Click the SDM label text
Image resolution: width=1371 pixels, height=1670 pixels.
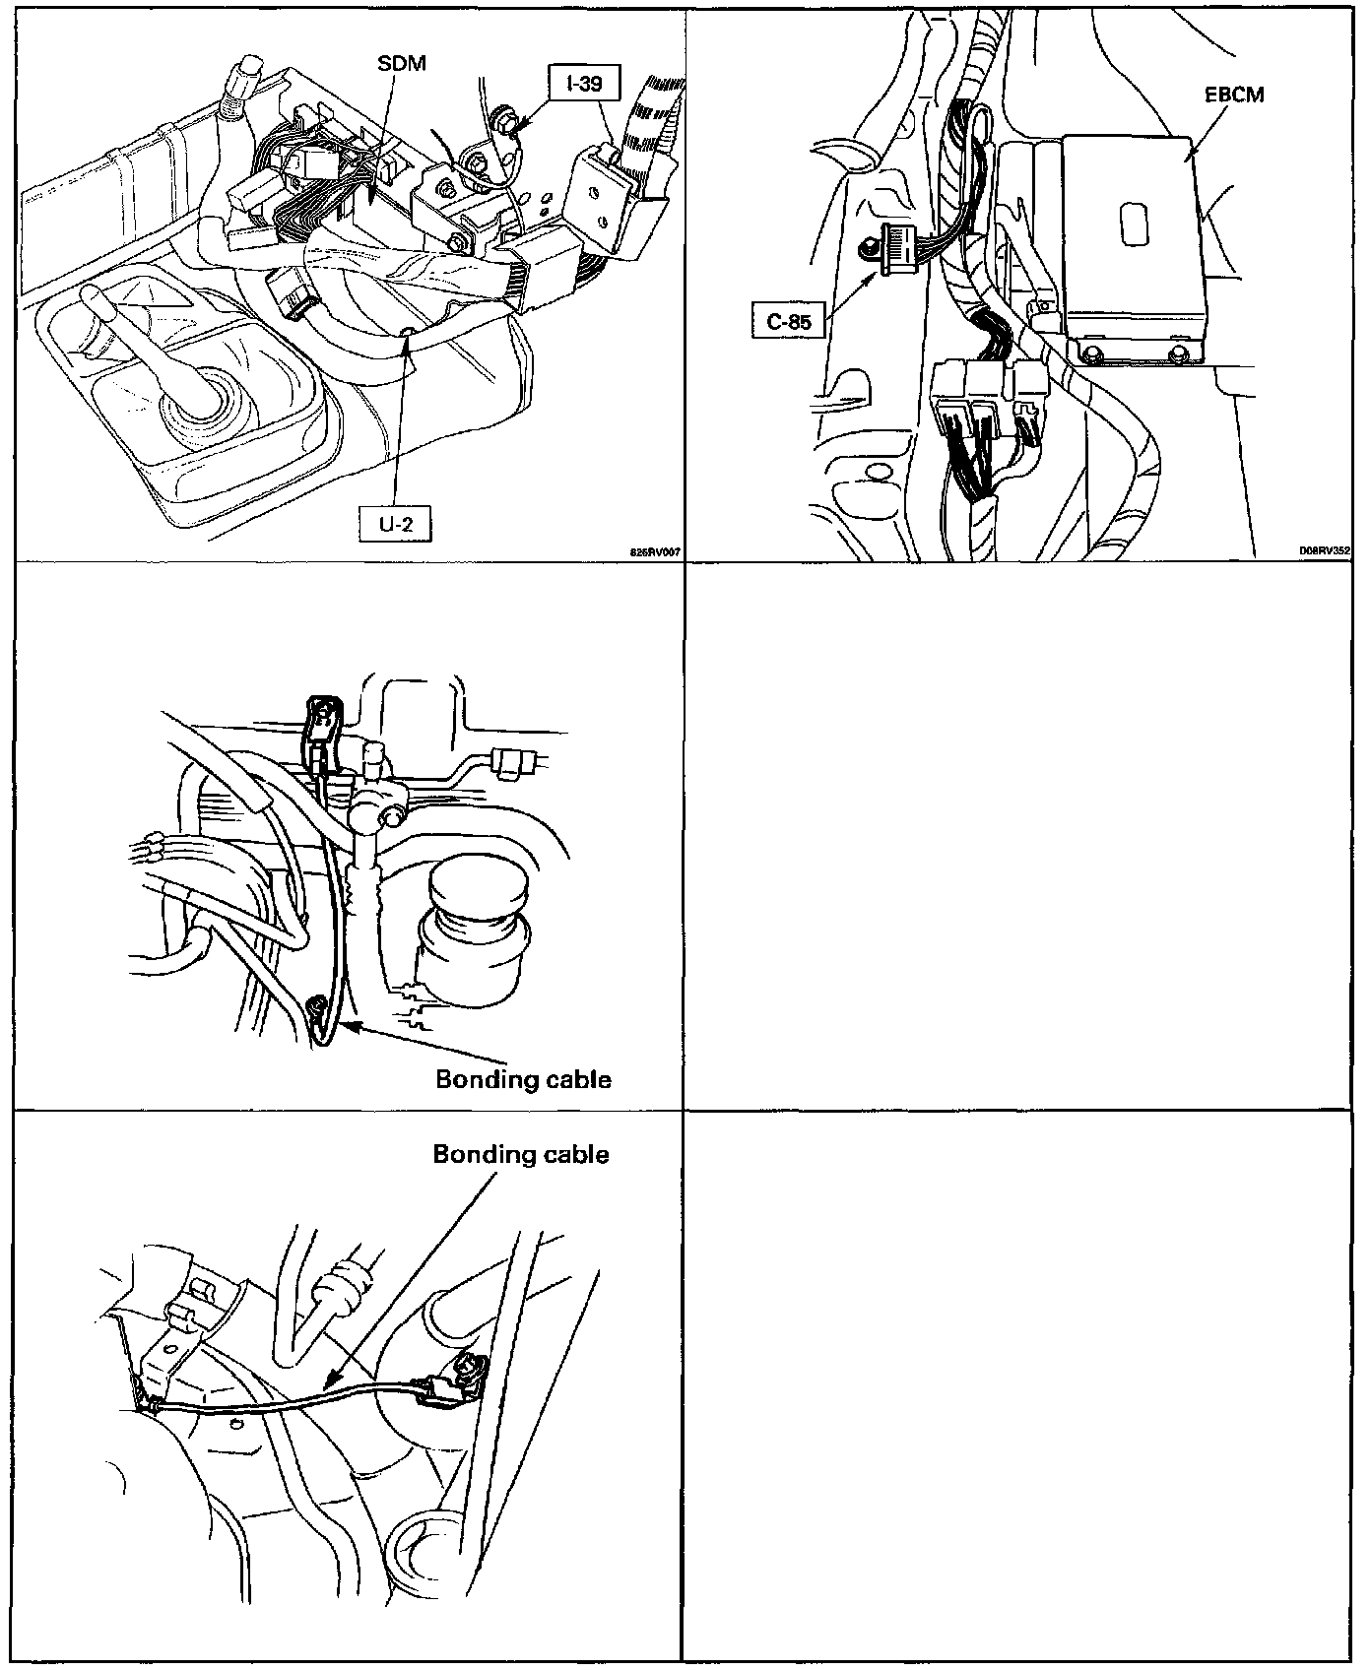tap(402, 63)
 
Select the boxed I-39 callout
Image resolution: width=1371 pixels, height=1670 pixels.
tap(585, 84)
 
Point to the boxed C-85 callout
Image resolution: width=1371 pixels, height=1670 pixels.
tap(789, 320)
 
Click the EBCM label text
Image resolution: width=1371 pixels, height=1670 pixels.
tap(1233, 96)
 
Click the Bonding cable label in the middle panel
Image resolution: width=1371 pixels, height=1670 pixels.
tap(523, 1079)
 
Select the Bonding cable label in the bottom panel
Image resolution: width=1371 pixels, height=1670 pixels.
tap(521, 1153)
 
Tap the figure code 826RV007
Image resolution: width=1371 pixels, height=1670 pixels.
tap(656, 552)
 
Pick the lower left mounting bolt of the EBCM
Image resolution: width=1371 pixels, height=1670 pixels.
tap(1092, 353)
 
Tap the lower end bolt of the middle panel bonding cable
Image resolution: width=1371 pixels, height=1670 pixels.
tap(318, 1006)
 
